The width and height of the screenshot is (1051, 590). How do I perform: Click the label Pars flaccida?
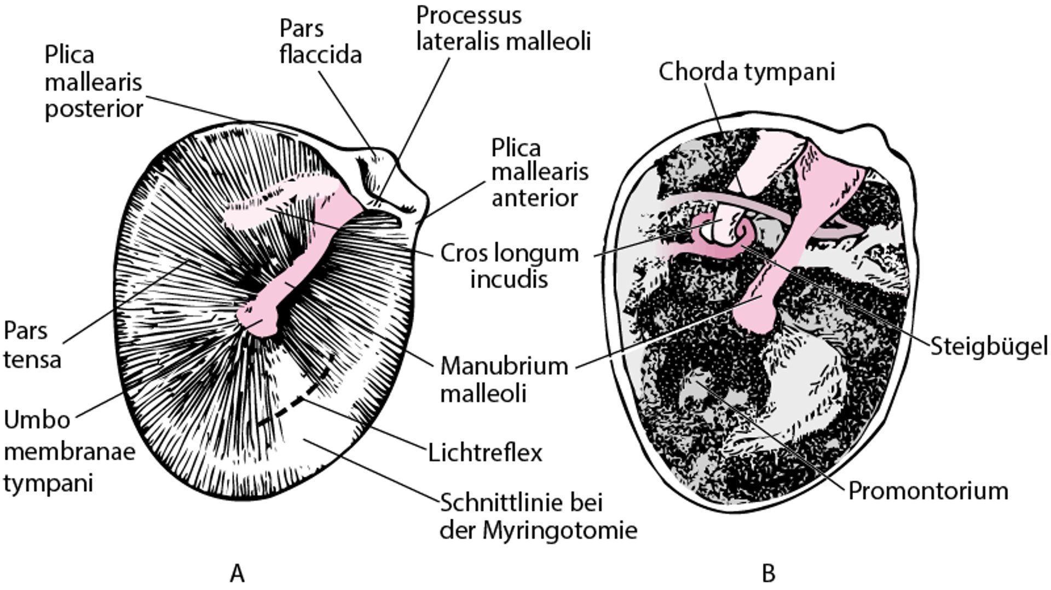coord(320,42)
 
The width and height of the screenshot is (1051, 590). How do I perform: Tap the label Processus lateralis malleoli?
coord(504,28)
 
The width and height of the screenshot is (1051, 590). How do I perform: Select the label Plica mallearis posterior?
coord(94,82)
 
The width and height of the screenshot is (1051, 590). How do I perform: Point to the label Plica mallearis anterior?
coord(539,173)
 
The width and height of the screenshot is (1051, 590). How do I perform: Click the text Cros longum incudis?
coord(509,266)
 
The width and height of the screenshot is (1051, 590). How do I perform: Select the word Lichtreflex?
coord(485,453)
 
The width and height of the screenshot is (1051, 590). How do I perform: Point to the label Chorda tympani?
coord(747,72)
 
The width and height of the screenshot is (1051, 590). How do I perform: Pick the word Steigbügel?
coord(989,346)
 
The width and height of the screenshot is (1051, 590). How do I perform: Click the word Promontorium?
coord(928,491)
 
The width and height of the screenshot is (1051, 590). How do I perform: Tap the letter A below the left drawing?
coord(237,574)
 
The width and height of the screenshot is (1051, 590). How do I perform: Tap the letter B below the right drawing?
coord(768,574)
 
